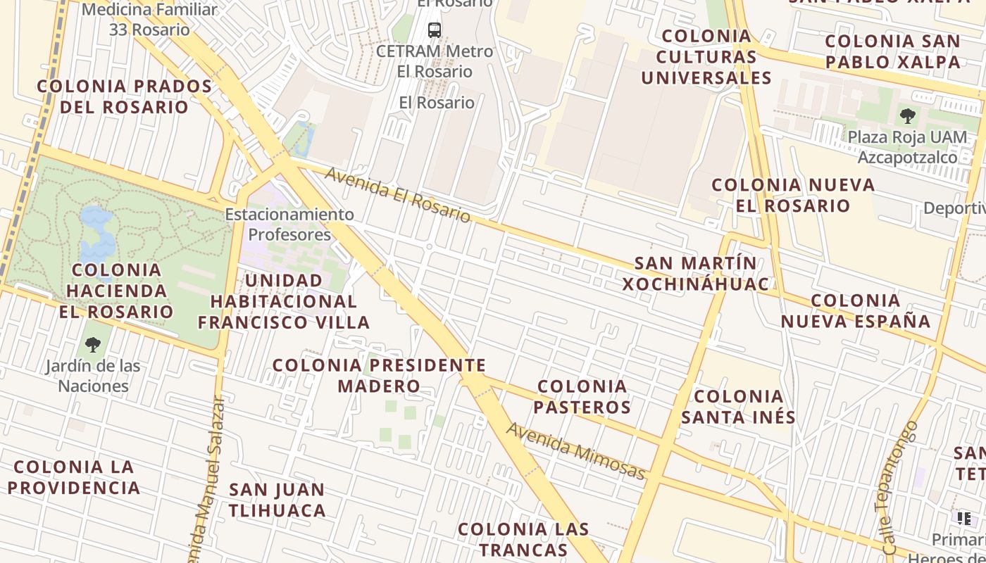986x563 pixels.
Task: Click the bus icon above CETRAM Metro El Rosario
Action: [x=435, y=30]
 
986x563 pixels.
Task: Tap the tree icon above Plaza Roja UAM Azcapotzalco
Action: [x=908, y=115]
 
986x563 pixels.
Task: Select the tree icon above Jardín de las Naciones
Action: [x=93, y=344]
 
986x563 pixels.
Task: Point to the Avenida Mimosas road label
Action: [x=575, y=451]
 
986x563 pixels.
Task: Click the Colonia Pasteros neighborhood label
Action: [x=582, y=397]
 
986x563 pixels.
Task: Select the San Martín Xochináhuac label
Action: [x=695, y=273]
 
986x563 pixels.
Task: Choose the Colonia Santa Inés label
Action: [x=738, y=407]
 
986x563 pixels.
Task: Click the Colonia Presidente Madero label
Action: [x=379, y=375]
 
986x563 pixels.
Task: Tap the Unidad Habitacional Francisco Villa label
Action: [x=284, y=301]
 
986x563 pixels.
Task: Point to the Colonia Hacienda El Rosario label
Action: [x=116, y=291]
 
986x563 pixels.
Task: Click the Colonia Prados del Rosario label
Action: [x=124, y=96]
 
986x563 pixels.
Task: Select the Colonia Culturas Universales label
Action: [x=706, y=57]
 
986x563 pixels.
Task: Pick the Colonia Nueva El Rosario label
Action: [x=793, y=195]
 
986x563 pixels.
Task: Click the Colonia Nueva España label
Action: [x=856, y=311]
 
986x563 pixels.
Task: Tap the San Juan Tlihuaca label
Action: [x=277, y=500]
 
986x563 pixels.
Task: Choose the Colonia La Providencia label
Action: [x=74, y=477]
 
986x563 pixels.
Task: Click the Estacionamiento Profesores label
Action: [x=289, y=224]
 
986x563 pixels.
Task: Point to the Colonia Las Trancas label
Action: [x=523, y=539]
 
